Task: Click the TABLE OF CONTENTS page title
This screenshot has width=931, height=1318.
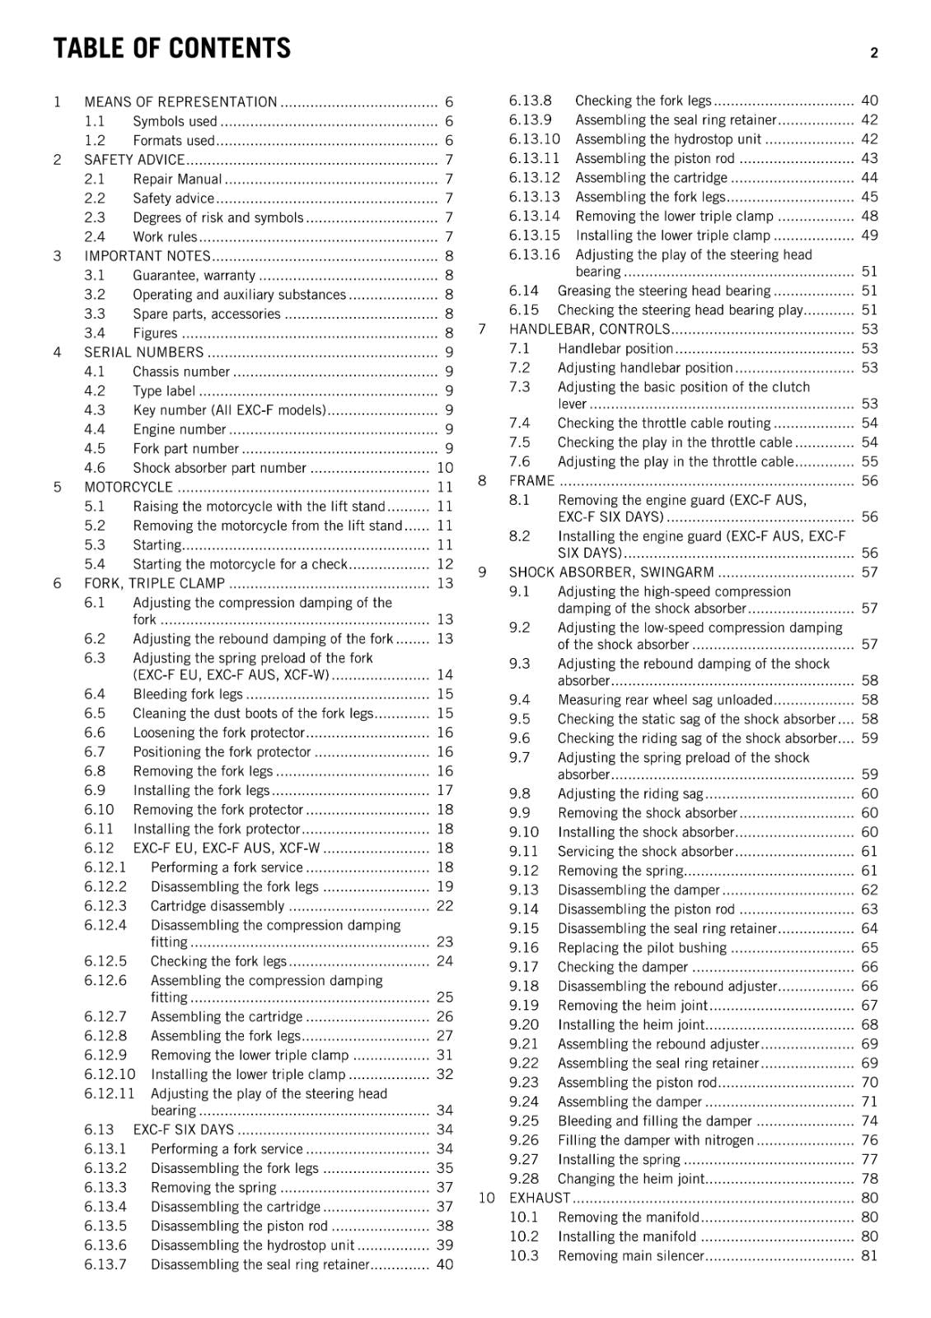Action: [171, 49]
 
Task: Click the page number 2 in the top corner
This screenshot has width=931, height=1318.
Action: [874, 53]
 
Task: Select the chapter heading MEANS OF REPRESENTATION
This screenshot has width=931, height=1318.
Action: [180, 102]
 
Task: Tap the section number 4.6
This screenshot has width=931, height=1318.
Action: [95, 468]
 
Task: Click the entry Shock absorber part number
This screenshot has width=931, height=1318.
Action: [219, 468]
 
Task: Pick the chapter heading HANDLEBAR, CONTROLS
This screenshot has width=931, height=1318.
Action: [589, 329]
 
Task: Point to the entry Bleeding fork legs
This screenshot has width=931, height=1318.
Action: [188, 694]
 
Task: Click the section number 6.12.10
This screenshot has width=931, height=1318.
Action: [110, 1074]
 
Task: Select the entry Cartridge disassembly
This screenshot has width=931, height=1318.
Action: [217, 906]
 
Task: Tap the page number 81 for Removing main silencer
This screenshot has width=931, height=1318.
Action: [869, 1256]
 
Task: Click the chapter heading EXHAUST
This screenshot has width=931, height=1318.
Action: [540, 1199]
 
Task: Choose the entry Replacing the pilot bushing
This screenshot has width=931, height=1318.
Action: [642, 948]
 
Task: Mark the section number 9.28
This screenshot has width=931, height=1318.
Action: [524, 1179]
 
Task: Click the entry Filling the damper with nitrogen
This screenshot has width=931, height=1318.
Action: [656, 1141]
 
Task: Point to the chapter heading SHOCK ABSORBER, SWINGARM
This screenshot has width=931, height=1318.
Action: [611, 573]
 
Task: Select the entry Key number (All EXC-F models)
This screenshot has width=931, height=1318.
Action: [229, 410]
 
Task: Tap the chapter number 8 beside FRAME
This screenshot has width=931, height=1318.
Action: [482, 481]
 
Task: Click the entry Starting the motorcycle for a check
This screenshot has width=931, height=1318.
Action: [240, 564]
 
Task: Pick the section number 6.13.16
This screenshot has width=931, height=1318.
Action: [534, 255]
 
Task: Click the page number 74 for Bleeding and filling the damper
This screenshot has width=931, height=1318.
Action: [869, 1121]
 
